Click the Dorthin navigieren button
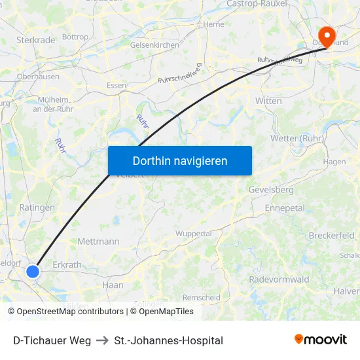179,160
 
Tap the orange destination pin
325,35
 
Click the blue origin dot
33,271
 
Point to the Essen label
116,85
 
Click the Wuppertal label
193,234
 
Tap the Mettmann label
98,242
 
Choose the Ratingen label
37,207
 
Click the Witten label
268,101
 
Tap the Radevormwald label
279,279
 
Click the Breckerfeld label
331,235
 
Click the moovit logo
320,340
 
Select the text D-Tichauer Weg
52,340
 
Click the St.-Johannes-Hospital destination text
168,340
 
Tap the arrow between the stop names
102,340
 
